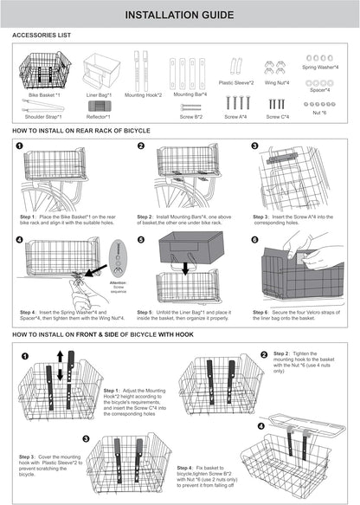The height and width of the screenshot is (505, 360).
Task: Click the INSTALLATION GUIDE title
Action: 179,16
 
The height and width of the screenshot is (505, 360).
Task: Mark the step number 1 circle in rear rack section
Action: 20,146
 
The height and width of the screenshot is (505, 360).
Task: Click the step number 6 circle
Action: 254,239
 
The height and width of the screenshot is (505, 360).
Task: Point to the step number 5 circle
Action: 141,239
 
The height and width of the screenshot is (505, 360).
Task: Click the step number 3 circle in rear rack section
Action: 254,146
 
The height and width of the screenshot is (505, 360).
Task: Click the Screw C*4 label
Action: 277,115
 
